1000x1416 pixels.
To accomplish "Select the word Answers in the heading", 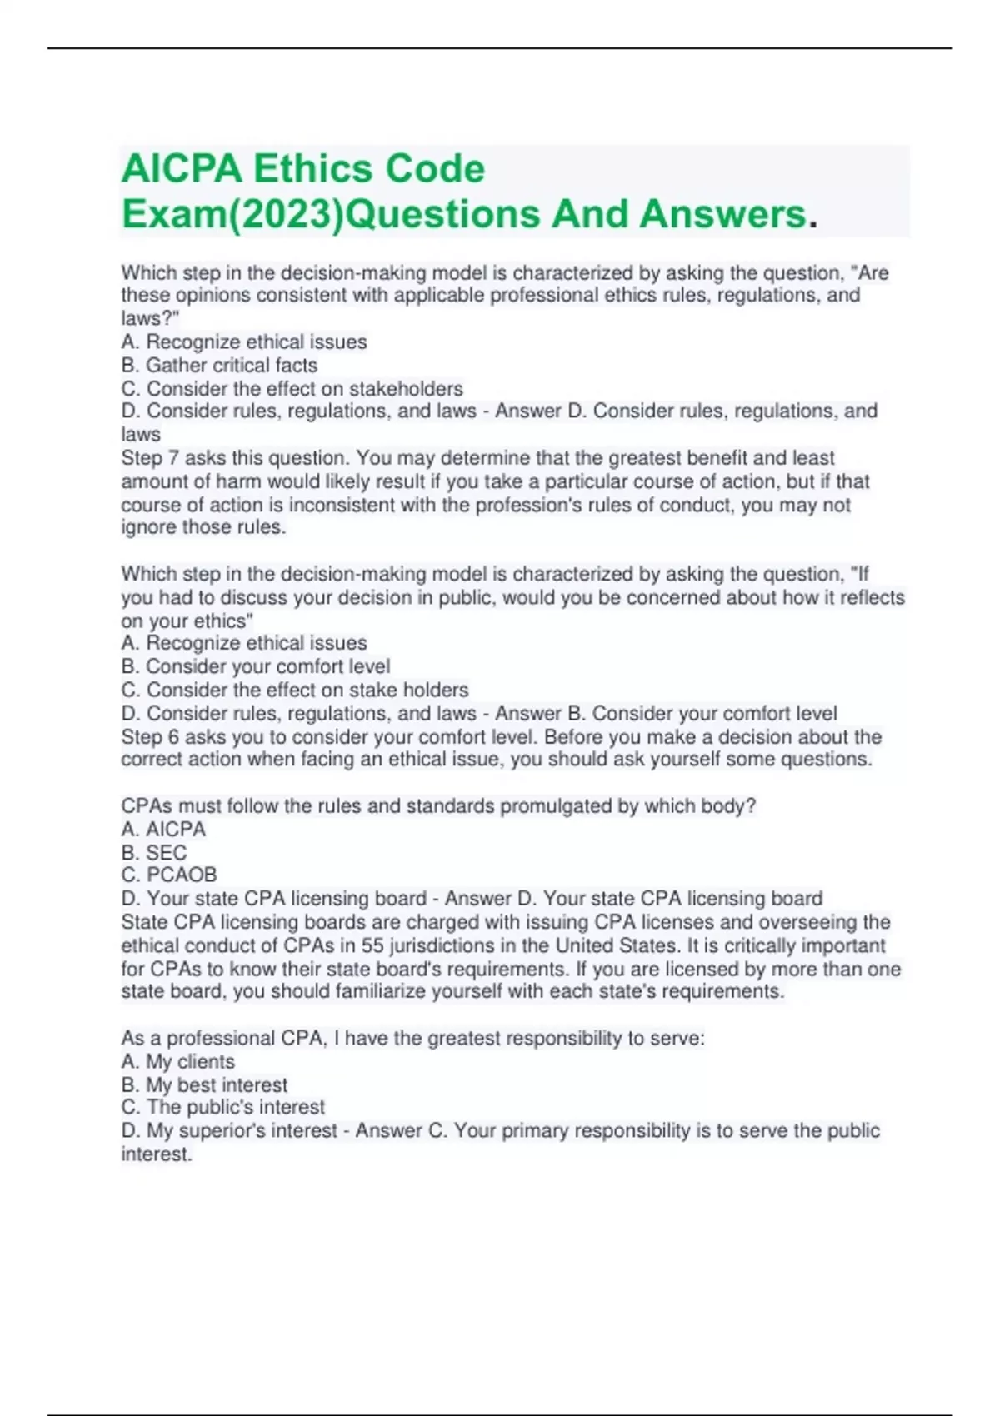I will click(722, 214).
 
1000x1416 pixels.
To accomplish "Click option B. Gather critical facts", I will click(219, 365).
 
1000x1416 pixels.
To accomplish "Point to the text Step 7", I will click(150, 458).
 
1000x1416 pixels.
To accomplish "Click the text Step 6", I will click(150, 737).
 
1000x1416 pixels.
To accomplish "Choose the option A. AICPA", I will click(163, 830).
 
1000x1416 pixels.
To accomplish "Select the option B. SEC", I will click(154, 853).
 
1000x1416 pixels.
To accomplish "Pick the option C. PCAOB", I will click(169, 875).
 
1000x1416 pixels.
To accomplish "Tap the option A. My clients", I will click(177, 1062).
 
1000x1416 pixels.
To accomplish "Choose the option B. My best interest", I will click(204, 1085).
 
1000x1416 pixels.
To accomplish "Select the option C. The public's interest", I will click(222, 1108).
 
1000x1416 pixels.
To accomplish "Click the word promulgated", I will click(556, 806).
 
